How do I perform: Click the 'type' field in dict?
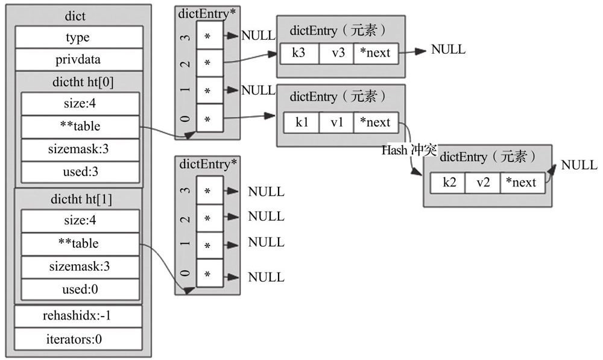point(79,37)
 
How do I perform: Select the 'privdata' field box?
point(79,60)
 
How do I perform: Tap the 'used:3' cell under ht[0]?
point(80,172)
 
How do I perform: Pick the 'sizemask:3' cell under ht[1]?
point(80,267)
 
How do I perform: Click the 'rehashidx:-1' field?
point(78,316)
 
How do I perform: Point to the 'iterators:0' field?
point(78,339)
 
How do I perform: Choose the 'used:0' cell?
point(80,289)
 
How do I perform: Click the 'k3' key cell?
point(299,53)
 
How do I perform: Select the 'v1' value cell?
point(336,122)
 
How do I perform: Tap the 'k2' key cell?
point(447,183)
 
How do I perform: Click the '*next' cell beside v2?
point(522,183)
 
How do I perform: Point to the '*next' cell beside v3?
point(376,53)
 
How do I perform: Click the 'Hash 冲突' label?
point(409,150)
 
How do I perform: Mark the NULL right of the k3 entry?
point(448,49)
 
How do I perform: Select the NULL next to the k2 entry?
point(579,165)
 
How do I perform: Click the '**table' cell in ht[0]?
point(80,127)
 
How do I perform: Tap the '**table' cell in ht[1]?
point(80,244)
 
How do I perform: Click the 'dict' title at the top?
point(75,16)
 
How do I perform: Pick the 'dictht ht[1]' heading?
point(81,199)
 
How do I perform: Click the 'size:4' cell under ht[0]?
point(80,104)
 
